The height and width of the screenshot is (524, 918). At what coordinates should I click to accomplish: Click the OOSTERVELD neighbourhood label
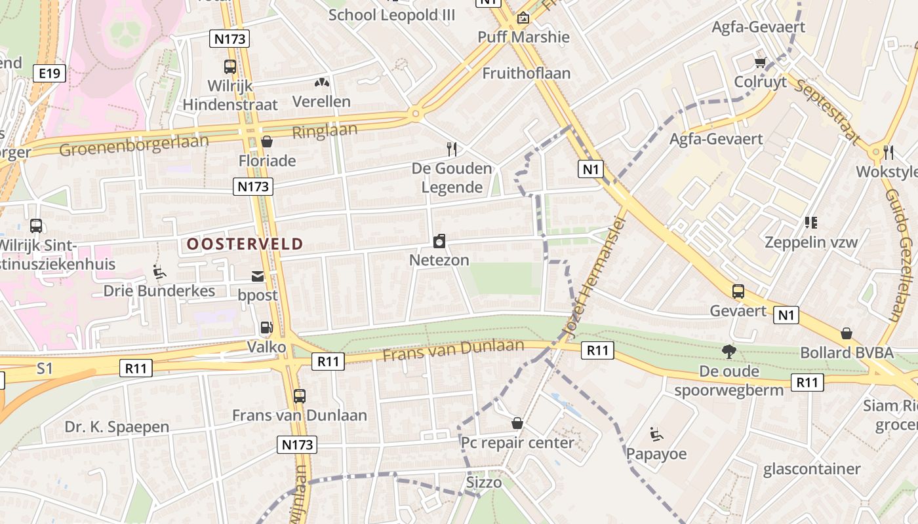pos(245,244)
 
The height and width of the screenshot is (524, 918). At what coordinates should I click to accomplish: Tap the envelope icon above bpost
pos(258,276)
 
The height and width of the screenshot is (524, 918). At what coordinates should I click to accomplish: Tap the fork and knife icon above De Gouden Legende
pos(451,149)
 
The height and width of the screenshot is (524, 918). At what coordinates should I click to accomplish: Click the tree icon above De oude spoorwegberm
pos(728,352)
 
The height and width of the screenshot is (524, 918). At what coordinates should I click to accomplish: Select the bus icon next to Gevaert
pos(738,291)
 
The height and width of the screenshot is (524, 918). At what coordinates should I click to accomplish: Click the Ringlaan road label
pos(325,130)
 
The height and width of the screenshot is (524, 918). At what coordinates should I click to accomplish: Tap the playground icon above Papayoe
pos(656,434)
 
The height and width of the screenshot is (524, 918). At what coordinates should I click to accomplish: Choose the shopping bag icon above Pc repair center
pos(517,423)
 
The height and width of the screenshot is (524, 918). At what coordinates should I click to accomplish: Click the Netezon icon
pos(439,241)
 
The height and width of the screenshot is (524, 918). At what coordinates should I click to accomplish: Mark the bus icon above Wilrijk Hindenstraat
pos(229,66)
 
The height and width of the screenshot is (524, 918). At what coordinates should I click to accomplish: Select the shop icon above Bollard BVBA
pos(847,333)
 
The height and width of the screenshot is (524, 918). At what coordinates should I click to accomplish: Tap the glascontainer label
pos(812,469)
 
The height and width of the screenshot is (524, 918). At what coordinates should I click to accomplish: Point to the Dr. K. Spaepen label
pos(117,427)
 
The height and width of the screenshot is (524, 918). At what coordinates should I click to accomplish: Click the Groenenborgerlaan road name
pos(134,145)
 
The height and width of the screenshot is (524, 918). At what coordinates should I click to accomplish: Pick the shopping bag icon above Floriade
pos(267,141)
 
